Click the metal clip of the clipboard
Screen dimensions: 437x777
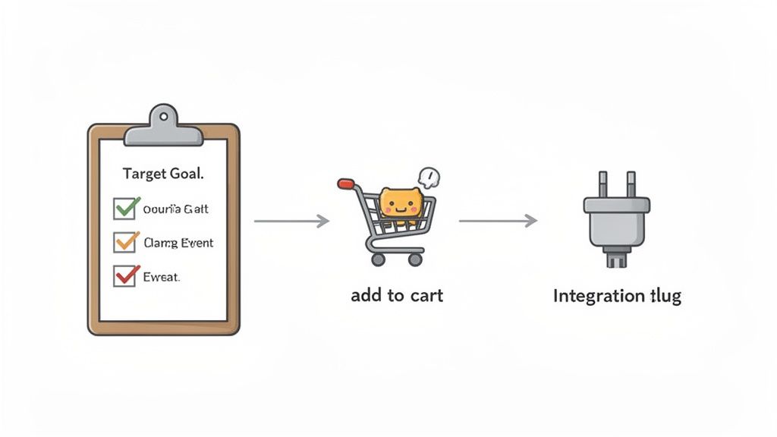pyautogui.click(x=163, y=127)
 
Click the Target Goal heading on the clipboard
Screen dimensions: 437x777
pyautogui.click(x=163, y=174)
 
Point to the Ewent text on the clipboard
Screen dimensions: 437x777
pyautogui.click(x=161, y=278)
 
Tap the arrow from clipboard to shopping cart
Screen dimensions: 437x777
pyautogui.click(x=291, y=221)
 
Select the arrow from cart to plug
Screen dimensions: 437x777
pyautogui.click(x=498, y=221)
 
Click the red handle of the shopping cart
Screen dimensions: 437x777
pyautogui.click(x=346, y=183)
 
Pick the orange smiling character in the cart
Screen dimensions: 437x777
pyautogui.click(x=400, y=203)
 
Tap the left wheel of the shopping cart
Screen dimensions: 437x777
pyautogui.click(x=378, y=259)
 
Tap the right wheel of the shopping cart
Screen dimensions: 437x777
pyautogui.click(x=414, y=259)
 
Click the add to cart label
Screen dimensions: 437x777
pyautogui.click(x=397, y=295)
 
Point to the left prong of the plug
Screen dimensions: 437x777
pyautogui.click(x=603, y=184)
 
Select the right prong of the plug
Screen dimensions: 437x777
pyautogui.click(x=630, y=184)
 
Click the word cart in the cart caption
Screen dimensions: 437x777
pyautogui.click(x=426, y=295)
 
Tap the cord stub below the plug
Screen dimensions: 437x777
pyautogui.click(x=616, y=259)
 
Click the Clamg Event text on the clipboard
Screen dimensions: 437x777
pyautogui.click(x=178, y=244)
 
